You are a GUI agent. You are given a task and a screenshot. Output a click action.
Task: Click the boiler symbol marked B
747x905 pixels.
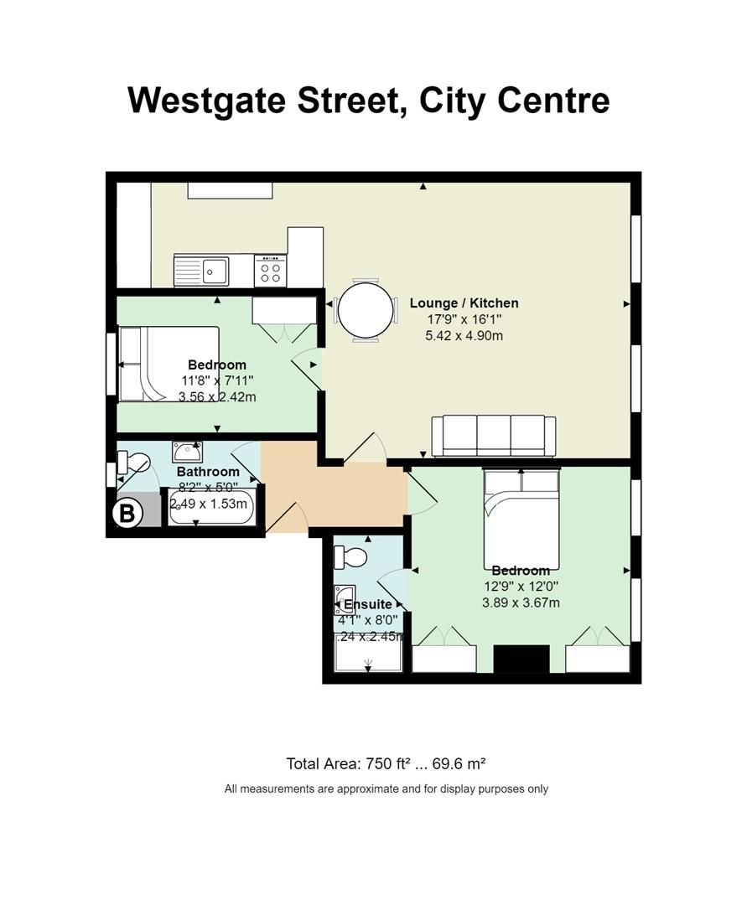(x=127, y=513)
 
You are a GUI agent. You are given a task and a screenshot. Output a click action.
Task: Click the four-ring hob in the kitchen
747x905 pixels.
(x=270, y=271)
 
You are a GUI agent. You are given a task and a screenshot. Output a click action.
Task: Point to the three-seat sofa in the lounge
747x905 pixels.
(x=493, y=436)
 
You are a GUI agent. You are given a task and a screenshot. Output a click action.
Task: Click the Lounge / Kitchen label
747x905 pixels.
(x=464, y=303)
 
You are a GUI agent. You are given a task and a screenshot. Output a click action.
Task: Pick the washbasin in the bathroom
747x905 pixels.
(x=186, y=452)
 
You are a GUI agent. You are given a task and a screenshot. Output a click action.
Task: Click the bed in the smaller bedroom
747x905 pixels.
(x=169, y=364)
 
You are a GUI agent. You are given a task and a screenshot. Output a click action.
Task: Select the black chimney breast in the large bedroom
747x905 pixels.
(x=521, y=659)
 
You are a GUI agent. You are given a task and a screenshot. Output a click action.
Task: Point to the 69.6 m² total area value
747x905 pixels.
(x=456, y=763)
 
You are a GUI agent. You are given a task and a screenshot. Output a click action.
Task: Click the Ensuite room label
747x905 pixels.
(x=368, y=604)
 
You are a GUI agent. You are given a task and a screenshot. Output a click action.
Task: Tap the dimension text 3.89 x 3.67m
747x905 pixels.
(x=521, y=602)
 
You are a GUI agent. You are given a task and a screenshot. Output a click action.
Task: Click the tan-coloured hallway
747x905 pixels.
(x=335, y=494)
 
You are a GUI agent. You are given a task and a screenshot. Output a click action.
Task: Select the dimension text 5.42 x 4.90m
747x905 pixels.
(x=464, y=335)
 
